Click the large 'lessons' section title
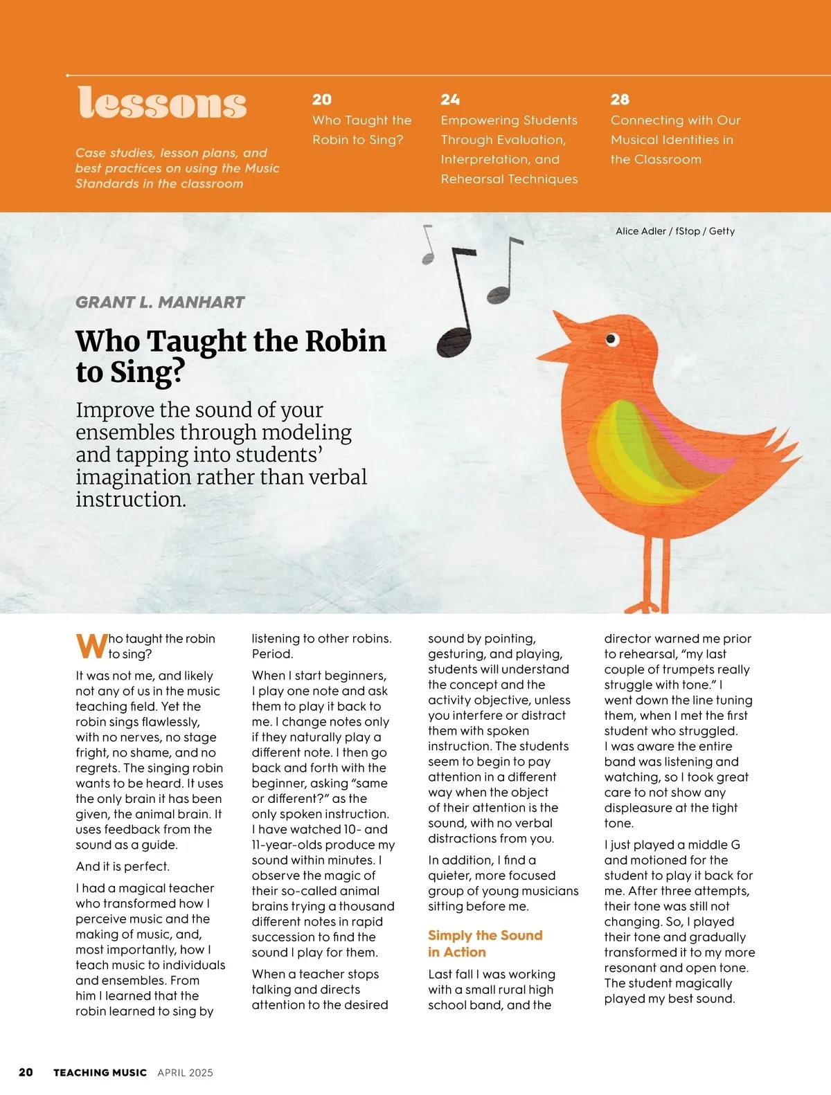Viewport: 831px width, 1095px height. (x=162, y=103)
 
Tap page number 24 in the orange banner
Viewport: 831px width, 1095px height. (x=450, y=100)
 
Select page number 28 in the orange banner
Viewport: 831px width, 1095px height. (x=620, y=100)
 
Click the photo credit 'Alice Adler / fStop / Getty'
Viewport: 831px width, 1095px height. (x=675, y=231)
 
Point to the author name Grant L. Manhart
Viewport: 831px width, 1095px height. (x=160, y=302)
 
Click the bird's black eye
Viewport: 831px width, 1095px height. (x=611, y=339)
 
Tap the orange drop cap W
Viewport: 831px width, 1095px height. (x=91, y=646)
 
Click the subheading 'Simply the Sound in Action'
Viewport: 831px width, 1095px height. (x=485, y=943)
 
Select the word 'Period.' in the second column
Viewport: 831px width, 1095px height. (x=272, y=654)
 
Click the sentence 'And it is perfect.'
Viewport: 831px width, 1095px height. (x=123, y=867)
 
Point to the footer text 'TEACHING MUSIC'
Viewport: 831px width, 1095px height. (x=100, y=1073)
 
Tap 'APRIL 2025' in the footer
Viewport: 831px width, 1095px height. (x=185, y=1073)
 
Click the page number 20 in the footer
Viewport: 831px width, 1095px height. (x=26, y=1073)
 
